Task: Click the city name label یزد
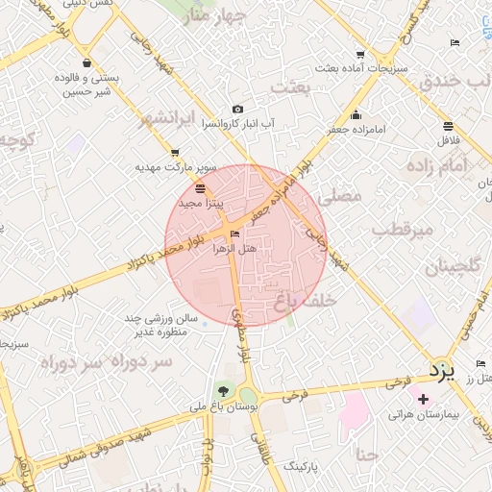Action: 440,369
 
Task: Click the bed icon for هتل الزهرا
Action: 235,234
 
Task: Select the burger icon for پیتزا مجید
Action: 199,188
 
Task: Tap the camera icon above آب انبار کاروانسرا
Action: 238,110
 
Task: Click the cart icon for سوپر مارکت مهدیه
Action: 174,152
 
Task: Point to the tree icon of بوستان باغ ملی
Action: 223,390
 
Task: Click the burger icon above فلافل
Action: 448,126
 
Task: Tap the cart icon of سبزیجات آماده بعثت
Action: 360,55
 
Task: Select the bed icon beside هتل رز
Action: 480,363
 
